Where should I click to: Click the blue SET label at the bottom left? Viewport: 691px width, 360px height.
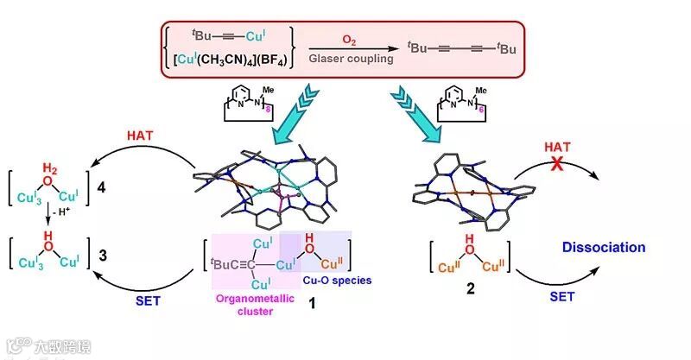coord(147,302)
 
